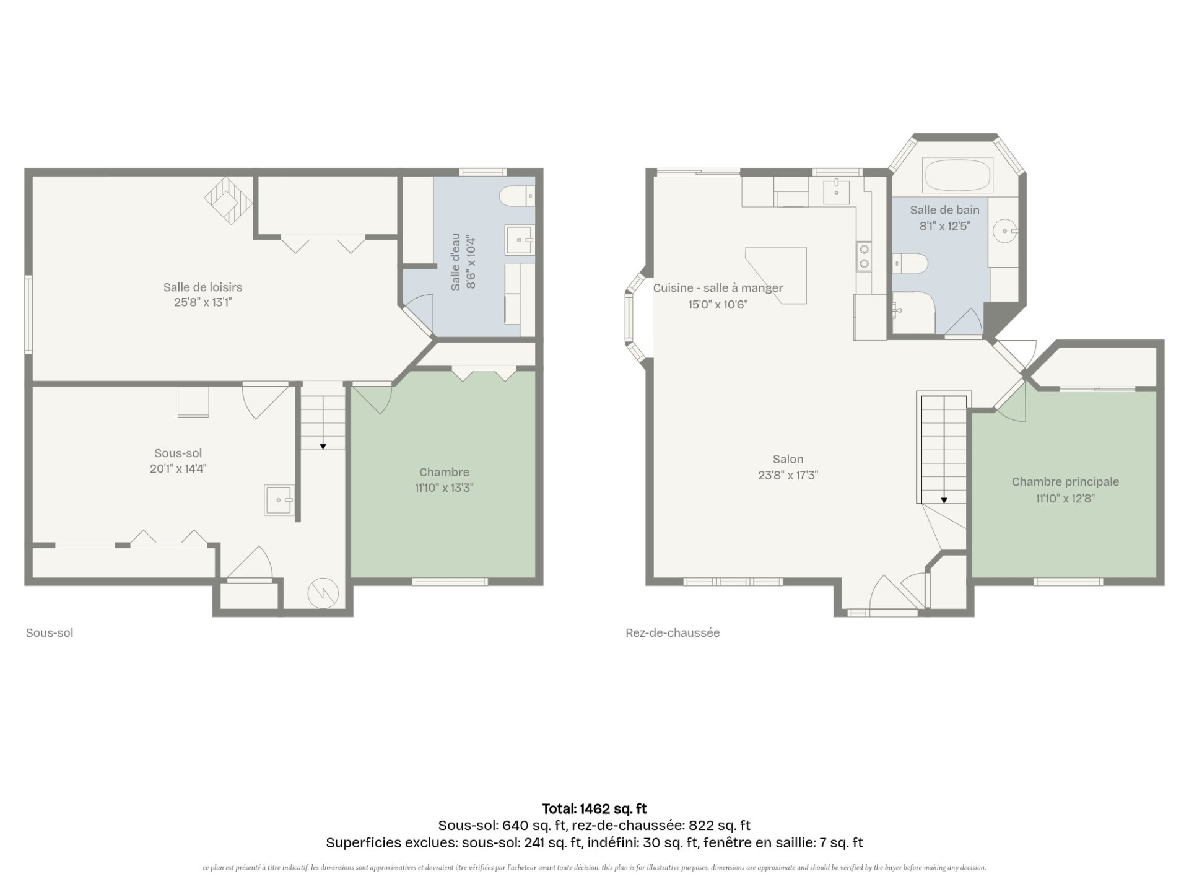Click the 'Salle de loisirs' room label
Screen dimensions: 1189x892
point(203,287)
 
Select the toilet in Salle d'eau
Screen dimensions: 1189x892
point(517,196)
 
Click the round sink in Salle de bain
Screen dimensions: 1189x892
point(1003,232)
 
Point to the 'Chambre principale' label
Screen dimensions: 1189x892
point(1065,482)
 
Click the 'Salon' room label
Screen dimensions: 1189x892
point(788,460)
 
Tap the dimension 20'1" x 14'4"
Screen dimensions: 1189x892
point(178,469)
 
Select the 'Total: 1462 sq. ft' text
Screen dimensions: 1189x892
point(594,808)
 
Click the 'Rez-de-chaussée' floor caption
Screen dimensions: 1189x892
point(673,633)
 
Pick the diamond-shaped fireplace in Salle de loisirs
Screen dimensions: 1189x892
point(229,200)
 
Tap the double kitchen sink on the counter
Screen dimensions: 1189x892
point(864,256)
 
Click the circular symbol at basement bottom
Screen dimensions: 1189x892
point(323,593)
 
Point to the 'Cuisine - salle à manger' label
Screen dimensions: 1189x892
point(718,288)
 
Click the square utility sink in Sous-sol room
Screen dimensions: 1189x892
point(279,500)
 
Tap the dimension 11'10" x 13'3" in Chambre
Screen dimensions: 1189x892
point(444,488)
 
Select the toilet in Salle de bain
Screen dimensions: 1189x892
point(910,263)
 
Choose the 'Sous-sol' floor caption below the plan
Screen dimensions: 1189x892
point(50,633)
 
